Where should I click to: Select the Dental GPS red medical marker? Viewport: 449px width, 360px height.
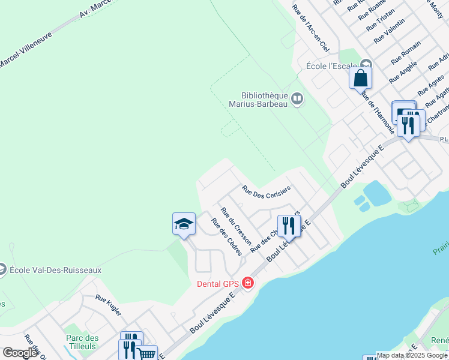(x=247, y=283)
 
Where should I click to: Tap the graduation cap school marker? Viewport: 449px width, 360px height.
(x=184, y=224)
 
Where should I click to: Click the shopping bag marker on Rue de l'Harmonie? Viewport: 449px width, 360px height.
(x=360, y=78)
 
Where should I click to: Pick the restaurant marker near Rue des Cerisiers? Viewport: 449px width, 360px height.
(x=289, y=226)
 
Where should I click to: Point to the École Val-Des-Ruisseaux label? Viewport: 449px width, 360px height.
(x=55, y=270)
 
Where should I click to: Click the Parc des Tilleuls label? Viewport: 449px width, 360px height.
(x=82, y=342)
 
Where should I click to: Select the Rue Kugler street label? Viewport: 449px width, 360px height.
(x=109, y=306)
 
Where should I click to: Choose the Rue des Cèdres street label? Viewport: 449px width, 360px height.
(x=226, y=237)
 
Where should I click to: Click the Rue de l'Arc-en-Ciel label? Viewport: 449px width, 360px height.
(x=310, y=28)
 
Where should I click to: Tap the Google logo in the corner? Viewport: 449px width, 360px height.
(x=20, y=353)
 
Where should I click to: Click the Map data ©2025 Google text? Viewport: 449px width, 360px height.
(x=412, y=355)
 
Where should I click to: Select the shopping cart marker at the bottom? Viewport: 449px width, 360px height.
(x=146, y=354)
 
